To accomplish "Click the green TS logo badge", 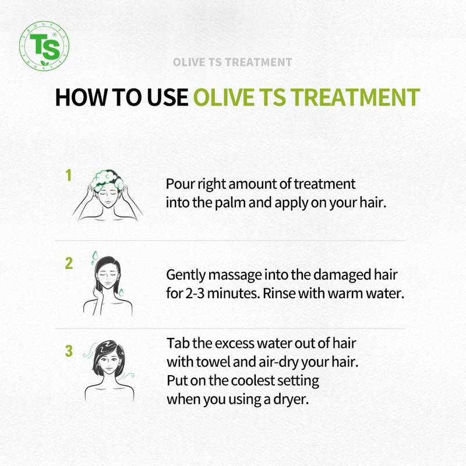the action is tap(44, 46).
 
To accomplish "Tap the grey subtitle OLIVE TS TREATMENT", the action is tap(232, 62).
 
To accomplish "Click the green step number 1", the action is tap(69, 175).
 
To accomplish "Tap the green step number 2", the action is tap(69, 263).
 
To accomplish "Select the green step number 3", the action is tap(69, 351).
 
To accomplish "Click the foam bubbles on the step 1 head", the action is tap(107, 180).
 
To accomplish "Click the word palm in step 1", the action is tap(230, 203).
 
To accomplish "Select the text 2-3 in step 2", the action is tap(195, 294).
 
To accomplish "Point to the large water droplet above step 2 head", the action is tap(95, 255).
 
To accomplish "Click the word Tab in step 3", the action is tap(178, 343).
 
